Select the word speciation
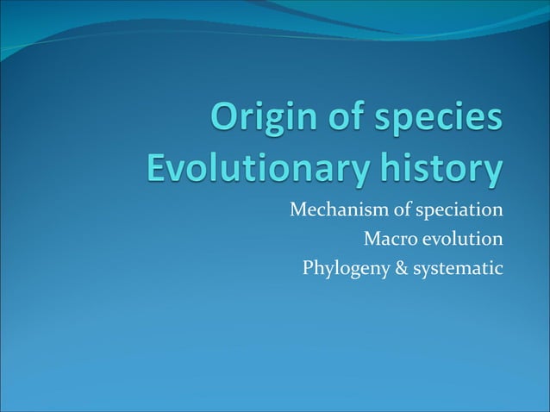[x=453, y=211]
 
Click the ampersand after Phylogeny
[x=394, y=269]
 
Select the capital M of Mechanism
[x=297, y=209]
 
